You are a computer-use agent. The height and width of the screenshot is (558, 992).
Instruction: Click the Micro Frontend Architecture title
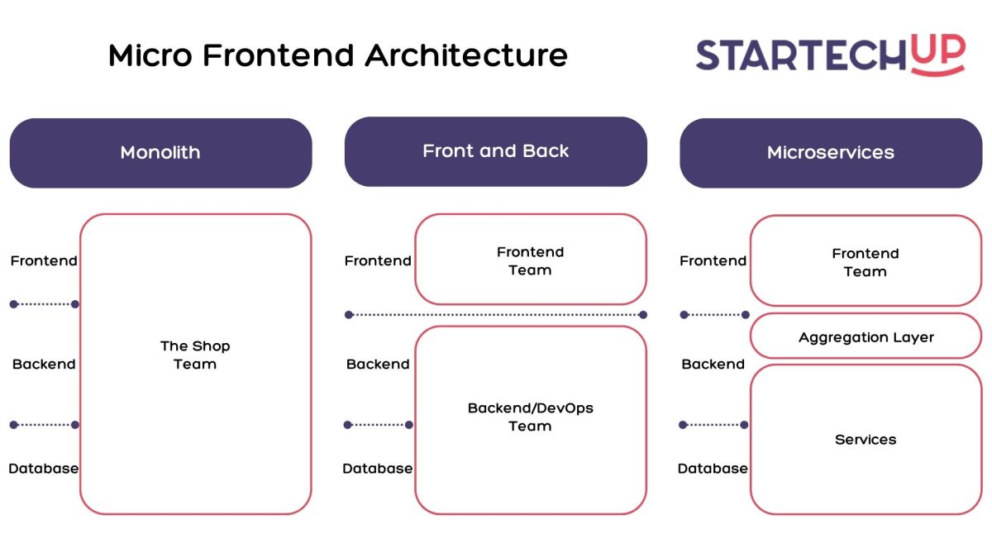337,55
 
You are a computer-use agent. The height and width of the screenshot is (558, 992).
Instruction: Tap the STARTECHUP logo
830,55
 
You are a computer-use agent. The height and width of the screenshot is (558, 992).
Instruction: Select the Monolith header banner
160,153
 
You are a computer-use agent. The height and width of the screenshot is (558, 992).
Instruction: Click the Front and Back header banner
495,151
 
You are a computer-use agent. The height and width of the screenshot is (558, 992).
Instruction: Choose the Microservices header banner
830,153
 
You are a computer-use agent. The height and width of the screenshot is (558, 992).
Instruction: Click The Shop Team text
195,355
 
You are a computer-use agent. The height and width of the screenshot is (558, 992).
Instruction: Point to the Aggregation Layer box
866,336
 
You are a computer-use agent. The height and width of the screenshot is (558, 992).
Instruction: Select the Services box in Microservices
866,439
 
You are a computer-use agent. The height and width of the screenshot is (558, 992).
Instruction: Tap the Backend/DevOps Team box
530,417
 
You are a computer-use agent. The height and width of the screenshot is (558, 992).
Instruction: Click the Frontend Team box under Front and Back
530,260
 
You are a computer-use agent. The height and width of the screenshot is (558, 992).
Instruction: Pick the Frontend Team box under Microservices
866,262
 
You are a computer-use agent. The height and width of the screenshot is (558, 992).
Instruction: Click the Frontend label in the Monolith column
44,260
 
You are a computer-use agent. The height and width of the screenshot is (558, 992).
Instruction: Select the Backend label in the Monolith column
44,364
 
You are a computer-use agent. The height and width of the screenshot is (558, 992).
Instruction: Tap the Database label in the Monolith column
44,468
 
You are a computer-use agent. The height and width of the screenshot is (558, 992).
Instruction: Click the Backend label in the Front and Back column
378,364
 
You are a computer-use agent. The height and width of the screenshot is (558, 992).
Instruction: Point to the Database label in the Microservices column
713,468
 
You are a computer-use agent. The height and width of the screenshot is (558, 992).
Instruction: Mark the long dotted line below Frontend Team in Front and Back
496,314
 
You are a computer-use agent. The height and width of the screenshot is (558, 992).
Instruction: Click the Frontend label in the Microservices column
713,260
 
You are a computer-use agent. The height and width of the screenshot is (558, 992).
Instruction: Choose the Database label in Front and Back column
378,468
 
